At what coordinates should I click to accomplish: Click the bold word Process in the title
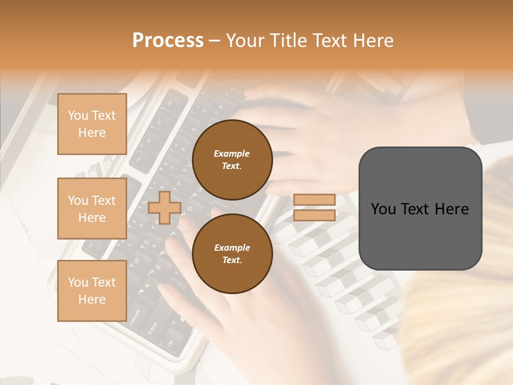(x=168, y=41)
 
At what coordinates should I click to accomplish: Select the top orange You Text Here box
(x=92, y=124)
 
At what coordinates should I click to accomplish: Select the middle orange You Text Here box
(x=92, y=209)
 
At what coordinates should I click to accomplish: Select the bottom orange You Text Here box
(x=92, y=291)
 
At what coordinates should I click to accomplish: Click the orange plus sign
(x=164, y=207)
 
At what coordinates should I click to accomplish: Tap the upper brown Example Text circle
(x=232, y=160)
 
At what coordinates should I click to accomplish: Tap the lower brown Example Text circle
(x=232, y=254)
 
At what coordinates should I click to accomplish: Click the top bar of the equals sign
(x=314, y=199)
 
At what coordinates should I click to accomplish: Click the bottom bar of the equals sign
(x=314, y=215)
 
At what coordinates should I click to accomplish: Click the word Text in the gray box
(x=421, y=209)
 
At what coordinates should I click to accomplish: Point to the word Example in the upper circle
(x=232, y=153)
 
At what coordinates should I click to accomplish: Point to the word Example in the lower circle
(x=232, y=248)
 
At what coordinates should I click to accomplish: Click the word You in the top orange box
(x=78, y=115)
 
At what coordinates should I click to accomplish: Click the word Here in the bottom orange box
(x=92, y=299)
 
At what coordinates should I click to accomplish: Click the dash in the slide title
(x=215, y=41)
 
